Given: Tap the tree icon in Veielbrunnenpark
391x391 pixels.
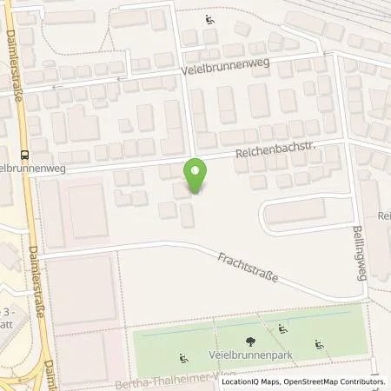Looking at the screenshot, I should [250, 341].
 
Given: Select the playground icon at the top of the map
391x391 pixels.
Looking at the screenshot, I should [209, 20].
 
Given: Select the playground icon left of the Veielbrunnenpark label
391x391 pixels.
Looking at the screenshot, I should [182, 357].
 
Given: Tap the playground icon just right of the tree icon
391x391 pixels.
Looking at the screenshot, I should [282, 328].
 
